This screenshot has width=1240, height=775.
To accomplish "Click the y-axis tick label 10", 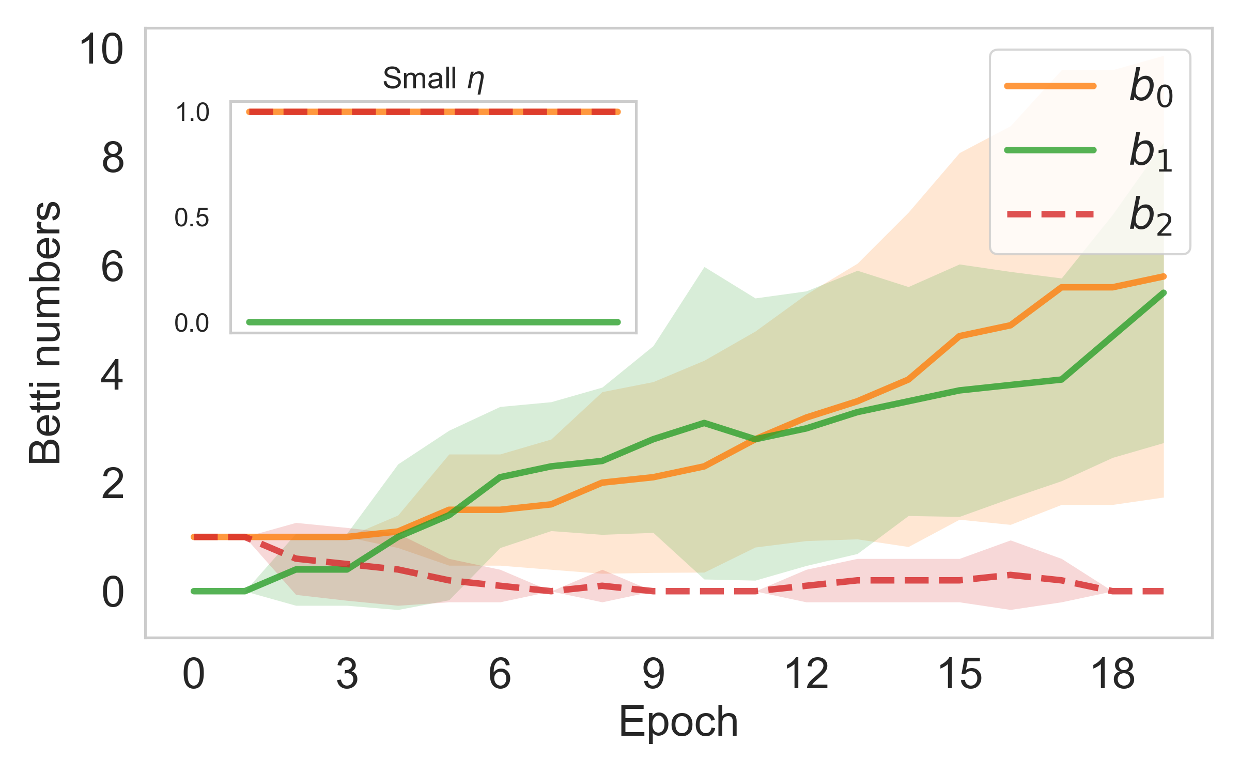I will click(101, 50).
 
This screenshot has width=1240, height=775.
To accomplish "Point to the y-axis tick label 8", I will click(113, 158).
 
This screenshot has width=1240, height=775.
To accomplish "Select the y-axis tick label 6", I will click(113, 267).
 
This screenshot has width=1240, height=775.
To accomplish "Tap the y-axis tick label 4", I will click(113, 376).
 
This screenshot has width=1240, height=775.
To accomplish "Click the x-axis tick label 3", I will click(347, 674).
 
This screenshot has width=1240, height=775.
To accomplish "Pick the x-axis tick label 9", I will click(653, 674).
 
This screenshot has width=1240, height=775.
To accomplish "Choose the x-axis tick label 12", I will click(806, 674).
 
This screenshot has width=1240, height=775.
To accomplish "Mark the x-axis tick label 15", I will click(959, 674).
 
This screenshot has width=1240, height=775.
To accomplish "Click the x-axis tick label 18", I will click(1112, 674).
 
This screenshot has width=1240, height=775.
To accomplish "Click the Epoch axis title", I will click(678, 722).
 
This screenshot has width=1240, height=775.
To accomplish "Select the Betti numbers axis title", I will click(45, 333).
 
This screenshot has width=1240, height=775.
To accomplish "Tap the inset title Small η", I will click(433, 79).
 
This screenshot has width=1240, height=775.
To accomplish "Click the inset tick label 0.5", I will click(192, 218).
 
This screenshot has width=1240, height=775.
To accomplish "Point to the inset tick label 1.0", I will click(192, 113).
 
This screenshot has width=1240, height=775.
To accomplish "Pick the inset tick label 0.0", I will click(192, 323).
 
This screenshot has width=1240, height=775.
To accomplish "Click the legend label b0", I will click(1151, 88).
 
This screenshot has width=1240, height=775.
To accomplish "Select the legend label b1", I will click(1151, 152).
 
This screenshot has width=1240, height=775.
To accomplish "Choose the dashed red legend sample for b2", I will click(1050, 214).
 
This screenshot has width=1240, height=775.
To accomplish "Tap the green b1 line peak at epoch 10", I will click(704, 423).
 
